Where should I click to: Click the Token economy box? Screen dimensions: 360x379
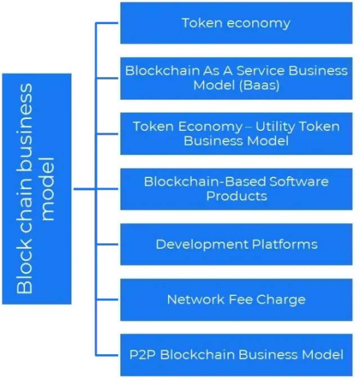236,23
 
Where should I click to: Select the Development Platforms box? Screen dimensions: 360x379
236,244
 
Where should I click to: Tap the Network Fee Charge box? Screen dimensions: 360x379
236,300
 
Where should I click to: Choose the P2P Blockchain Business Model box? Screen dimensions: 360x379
236,355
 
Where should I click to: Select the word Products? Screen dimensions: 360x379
236,196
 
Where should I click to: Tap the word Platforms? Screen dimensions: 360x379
285,244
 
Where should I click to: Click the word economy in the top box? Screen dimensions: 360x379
259,24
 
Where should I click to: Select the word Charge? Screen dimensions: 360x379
281,300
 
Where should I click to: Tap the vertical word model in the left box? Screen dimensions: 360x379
48,189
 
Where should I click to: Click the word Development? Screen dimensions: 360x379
202,245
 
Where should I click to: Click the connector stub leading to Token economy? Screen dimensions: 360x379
107,23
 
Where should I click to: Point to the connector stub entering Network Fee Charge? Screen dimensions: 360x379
107,300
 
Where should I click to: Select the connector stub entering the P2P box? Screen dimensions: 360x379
107,355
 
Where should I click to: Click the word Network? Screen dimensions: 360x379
196,300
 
